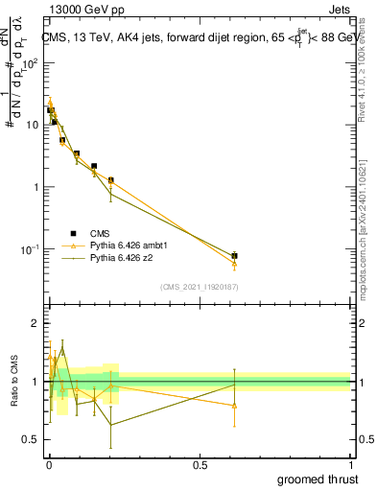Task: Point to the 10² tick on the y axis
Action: pyautogui.click(x=28, y=62)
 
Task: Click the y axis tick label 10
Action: pyautogui.click(x=32, y=125)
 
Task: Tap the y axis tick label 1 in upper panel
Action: pyautogui.click(x=35, y=187)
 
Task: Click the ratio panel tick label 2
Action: pyautogui.click(x=36, y=324)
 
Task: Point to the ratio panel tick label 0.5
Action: pyautogui.click(x=31, y=439)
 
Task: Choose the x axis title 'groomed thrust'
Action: pyautogui.click(x=318, y=479)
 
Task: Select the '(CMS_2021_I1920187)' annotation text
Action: pyautogui.click(x=199, y=286)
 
